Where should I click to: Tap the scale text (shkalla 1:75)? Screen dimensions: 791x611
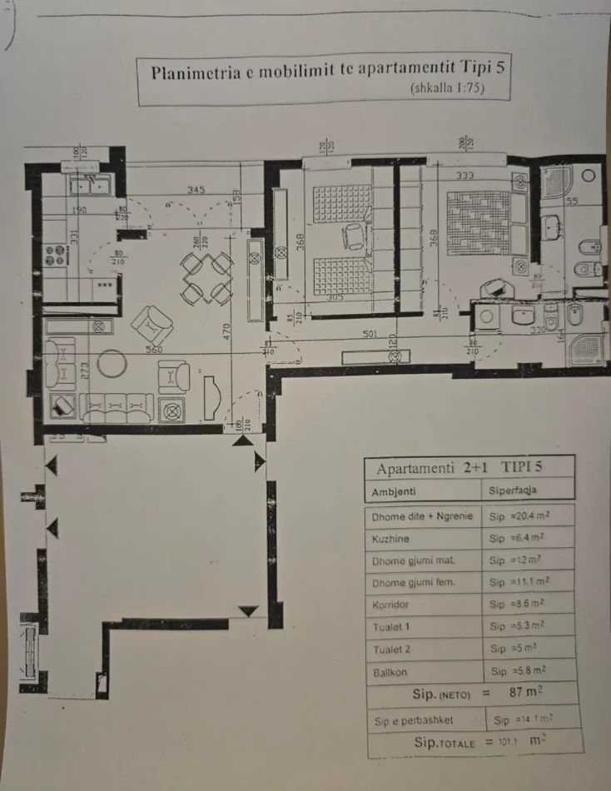[447, 88]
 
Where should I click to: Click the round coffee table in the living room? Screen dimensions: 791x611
[111, 363]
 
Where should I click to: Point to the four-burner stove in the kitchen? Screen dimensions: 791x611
[55, 255]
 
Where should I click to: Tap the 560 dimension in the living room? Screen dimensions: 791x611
[153, 350]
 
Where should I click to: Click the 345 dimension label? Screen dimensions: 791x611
[196, 191]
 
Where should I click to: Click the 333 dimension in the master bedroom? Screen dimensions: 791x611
[465, 176]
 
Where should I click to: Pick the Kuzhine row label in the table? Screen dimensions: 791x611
[390, 539]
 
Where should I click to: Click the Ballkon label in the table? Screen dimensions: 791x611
[390, 670]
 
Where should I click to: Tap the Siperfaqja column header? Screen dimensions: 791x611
[524, 491]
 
